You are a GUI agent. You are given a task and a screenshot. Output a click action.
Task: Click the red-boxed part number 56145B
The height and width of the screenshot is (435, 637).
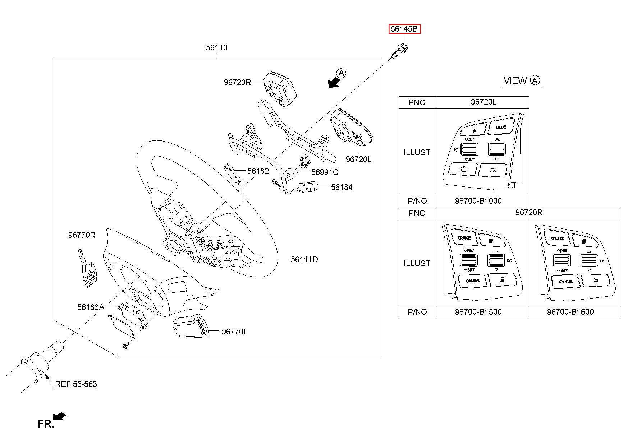(404, 29)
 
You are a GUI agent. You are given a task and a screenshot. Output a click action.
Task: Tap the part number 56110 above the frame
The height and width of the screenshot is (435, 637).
(216, 47)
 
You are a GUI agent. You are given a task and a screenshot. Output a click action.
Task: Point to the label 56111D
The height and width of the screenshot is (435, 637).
(304, 259)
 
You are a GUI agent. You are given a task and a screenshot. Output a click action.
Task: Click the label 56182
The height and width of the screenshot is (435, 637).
(258, 171)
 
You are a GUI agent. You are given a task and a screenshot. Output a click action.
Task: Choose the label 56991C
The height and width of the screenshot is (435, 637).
(325, 172)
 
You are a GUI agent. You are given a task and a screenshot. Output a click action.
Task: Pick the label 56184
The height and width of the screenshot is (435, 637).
(342, 187)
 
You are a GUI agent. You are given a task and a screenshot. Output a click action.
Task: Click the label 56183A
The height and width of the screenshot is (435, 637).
(91, 307)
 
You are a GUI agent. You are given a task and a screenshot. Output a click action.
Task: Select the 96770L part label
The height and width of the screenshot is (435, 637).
(234, 332)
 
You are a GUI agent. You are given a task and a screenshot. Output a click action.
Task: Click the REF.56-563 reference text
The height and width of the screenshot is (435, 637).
(76, 384)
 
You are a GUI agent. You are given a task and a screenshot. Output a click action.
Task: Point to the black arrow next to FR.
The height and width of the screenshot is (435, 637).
(60, 416)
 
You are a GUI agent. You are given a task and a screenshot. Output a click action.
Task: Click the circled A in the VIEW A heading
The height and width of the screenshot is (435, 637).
(535, 80)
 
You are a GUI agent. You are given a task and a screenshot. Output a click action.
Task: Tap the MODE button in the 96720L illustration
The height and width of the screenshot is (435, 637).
(500, 128)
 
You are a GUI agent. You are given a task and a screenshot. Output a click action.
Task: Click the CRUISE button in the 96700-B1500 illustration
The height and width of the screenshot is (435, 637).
(464, 238)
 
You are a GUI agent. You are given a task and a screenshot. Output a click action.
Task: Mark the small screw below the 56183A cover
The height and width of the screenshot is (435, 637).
(126, 346)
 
